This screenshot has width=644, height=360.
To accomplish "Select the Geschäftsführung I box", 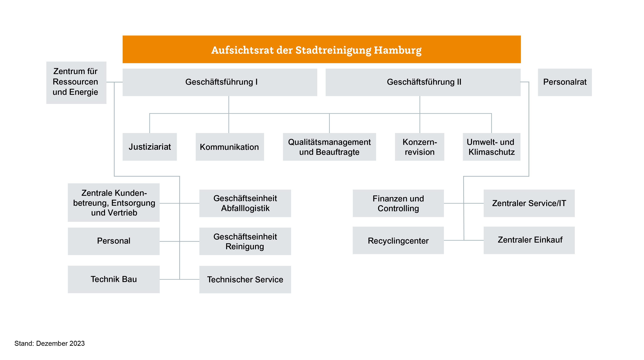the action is (x=220, y=82).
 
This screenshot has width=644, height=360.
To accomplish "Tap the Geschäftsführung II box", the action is (x=423, y=82).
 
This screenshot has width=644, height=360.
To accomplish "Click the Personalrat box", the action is (x=565, y=82).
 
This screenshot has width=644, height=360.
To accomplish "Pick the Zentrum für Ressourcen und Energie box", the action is (x=76, y=83).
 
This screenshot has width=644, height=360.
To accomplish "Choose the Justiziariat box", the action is (x=150, y=147).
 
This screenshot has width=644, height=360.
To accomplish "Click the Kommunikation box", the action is (x=230, y=147).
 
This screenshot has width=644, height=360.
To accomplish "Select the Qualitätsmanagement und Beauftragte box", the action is (x=329, y=147).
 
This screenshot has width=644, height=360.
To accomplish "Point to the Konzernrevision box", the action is (x=419, y=147).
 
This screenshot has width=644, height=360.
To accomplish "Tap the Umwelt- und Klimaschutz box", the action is (x=492, y=147).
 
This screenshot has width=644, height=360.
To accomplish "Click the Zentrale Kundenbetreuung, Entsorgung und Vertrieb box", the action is (x=114, y=203).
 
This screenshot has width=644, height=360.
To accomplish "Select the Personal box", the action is (x=114, y=241).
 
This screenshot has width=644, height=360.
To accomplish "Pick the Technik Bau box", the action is (x=114, y=279).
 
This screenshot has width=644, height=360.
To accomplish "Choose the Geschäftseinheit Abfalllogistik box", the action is (x=245, y=203).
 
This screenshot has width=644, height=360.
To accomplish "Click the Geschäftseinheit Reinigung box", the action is (x=245, y=241).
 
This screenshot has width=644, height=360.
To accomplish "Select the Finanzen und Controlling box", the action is (x=398, y=203).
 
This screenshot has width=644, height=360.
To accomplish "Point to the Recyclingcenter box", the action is (x=398, y=240).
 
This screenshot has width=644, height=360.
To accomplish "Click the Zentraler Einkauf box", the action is (x=529, y=240).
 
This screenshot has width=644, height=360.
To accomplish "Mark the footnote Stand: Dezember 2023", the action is (x=49, y=343).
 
